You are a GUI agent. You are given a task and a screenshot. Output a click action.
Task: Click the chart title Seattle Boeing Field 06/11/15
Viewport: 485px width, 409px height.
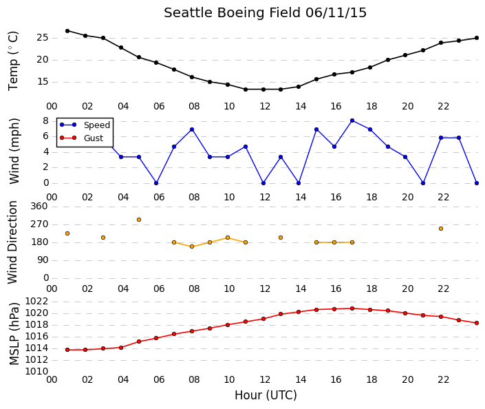pos(265,13)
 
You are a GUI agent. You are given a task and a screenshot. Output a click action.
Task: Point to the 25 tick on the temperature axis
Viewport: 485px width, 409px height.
pos(43,38)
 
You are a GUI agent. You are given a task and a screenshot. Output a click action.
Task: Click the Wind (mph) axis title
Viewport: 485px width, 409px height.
pos(14,151)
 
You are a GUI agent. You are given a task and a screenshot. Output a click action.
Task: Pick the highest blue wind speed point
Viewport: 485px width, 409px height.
pos(352,120)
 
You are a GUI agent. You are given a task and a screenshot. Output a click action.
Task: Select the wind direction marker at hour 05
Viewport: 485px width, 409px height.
pos(139,220)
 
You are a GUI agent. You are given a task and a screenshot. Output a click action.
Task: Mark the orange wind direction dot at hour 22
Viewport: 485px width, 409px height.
pos(441,229)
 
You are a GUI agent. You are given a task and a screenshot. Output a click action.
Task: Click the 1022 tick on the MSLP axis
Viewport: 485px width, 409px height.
pos(36,301)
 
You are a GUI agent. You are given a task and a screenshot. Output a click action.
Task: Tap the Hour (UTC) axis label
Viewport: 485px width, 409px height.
pos(266,395)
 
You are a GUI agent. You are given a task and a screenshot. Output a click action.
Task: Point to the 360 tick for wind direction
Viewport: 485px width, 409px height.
pos(39,206)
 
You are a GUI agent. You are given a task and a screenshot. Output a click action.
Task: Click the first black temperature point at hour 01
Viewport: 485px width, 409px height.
pos(67,31)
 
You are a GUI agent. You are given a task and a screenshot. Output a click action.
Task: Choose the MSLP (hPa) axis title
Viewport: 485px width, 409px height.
pos(14,334)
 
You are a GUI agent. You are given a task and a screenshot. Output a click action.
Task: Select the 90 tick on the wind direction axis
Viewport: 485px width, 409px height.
pos(43,260)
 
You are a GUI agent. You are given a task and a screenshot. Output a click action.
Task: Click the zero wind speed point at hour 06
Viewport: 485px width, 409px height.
pos(156,183)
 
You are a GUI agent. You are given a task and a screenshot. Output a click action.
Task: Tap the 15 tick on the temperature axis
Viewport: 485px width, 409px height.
pos(43,82)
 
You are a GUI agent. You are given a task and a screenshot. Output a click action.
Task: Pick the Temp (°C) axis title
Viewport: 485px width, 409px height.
pos(13,61)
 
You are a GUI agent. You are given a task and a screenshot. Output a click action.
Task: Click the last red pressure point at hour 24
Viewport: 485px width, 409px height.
pos(477,323)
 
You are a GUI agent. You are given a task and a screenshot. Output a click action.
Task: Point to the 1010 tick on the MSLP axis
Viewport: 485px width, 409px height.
pos(36,371)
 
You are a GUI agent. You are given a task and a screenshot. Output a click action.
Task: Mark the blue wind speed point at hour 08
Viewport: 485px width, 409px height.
pos(192,129)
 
